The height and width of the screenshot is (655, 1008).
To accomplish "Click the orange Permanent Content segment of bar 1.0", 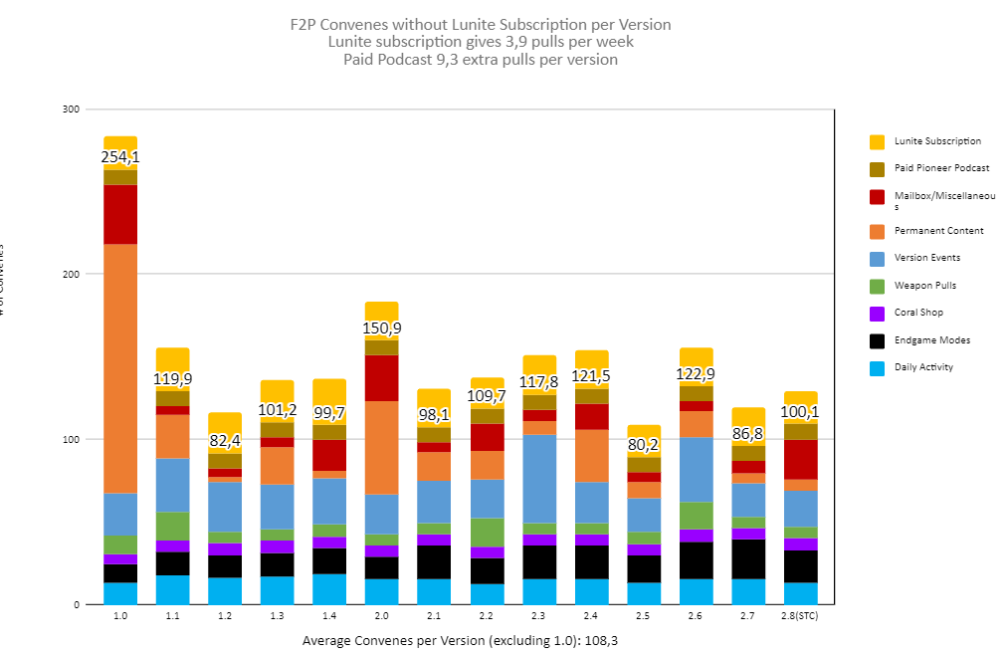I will pos(120,368).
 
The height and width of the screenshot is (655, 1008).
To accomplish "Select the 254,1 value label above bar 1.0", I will pos(120,157).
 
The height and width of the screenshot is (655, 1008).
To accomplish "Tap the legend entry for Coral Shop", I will pos(918,313).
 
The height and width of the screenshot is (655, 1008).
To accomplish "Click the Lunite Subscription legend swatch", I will pos(877,141).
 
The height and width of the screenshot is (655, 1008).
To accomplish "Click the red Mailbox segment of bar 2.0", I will pos(381,378).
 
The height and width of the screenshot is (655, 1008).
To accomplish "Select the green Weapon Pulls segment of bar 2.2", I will pos(487,533).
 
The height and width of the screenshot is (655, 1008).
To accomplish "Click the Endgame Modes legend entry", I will pos(932,340).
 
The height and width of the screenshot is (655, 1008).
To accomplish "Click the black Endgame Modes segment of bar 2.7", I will pos(748,558).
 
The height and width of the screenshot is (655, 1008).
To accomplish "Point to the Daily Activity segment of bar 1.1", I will pos(172,589).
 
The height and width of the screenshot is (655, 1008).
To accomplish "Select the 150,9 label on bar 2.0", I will pos(381,328).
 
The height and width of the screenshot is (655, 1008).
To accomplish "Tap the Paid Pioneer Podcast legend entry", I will pos(941,168).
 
